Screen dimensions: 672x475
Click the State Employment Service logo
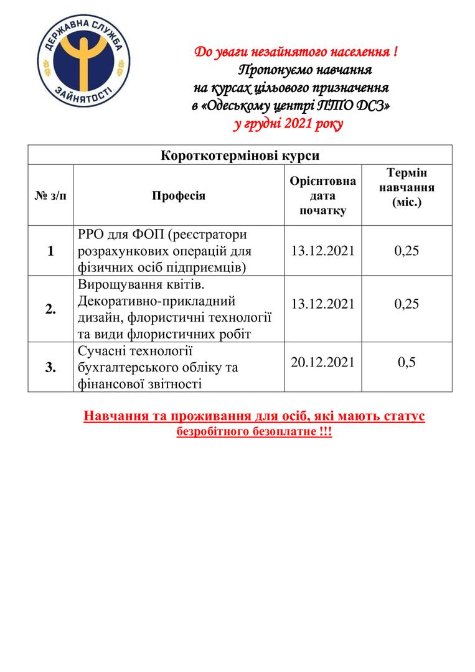pos(83,65)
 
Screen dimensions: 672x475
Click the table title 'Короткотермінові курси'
pos(240,155)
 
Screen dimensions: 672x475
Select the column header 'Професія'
pos(179,196)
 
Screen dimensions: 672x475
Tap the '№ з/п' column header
pos(50,196)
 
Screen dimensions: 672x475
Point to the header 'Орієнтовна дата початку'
pos(322,195)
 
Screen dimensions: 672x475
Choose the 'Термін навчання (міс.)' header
pos(407,187)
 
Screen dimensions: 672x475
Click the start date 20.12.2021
pos(322,362)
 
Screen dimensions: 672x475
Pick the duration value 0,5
pos(407,362)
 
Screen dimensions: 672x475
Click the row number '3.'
pos(50,367)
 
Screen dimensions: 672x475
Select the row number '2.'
pos(50,310)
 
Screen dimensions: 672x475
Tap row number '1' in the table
pos(50,251)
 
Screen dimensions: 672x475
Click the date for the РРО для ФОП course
pos(322,251)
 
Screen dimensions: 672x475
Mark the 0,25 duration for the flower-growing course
pos(407,304)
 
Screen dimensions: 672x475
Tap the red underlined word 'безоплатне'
pos(278,432)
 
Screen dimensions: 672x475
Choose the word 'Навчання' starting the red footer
pos(114,416)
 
